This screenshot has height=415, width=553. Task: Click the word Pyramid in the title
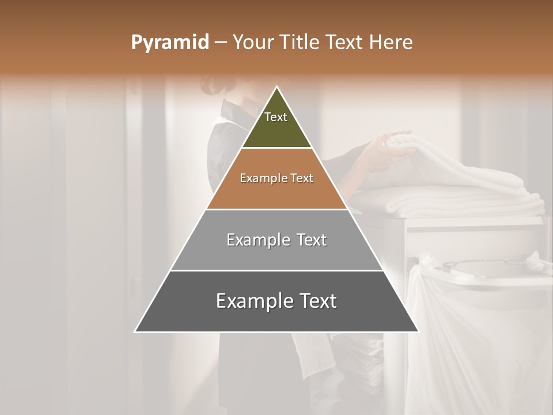(170, 43)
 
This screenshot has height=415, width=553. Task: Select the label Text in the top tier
(276, 117)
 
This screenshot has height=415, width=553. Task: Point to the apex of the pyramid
(276, 87)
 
